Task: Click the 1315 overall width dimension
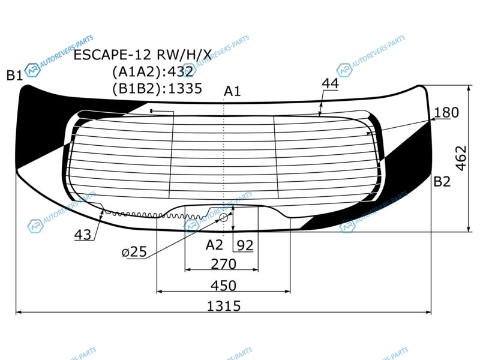[224, 306]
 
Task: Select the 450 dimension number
[223, 286]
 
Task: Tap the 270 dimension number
[223, 264]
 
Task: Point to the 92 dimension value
[245, 245]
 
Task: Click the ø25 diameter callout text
[134, 252]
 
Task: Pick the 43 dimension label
[83, 235]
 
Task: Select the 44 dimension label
[331, 83]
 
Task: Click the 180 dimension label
[446, 112]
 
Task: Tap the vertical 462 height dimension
[461, 158]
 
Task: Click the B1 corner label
[14, 76]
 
